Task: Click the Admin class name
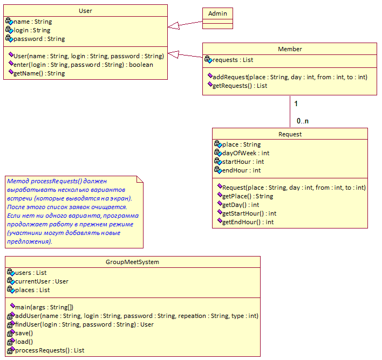217,13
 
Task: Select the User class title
85,11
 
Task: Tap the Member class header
290,49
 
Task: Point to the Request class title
290,134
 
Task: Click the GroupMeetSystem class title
132,262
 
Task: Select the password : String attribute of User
39,39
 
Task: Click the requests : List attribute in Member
233,60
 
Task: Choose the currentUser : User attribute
42,281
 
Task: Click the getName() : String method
39,73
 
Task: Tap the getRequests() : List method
240,86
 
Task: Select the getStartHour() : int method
249,213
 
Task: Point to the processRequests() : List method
50,350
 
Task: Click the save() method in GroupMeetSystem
24,333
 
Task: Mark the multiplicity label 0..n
303,121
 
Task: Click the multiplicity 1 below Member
296,103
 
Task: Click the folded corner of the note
140,179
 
